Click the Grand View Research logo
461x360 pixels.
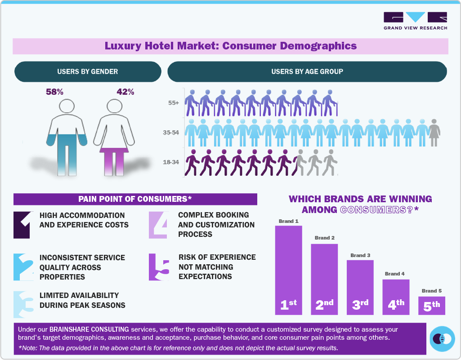tap(415, 21)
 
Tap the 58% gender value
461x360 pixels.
tap(54, 92)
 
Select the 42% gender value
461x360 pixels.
tap(125, 92)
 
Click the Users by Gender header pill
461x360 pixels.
tap(88, 71)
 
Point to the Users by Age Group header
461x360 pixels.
tap(307, 71)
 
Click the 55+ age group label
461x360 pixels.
tap(174, 103)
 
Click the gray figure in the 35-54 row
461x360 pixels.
tap(434, 133)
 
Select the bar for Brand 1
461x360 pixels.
tap(288, 270)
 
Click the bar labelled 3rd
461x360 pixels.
tap(360, 287)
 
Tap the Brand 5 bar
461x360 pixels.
tap(431, 305)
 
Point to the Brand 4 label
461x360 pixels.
tap(395, 274)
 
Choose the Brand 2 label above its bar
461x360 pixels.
tap(324, 238)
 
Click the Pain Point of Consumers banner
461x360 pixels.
tap(135, 199)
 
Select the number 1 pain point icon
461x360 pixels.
tap(22, 225)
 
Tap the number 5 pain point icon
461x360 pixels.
tap(159, 267)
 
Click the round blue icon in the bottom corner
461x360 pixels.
tap(443, 339)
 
